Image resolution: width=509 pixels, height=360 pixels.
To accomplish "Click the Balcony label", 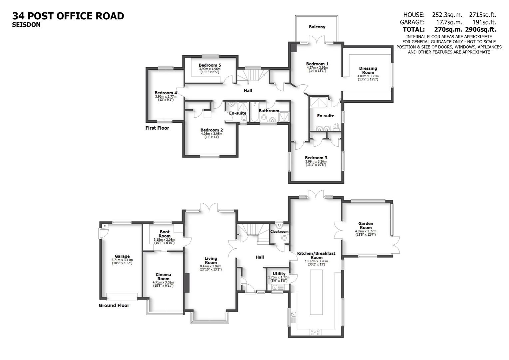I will point(317,27).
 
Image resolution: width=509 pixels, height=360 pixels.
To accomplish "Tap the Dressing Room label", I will point(368,70).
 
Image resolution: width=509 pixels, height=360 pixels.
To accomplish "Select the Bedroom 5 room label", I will point(210,65).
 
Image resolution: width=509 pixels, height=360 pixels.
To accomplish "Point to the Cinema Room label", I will point(163,277).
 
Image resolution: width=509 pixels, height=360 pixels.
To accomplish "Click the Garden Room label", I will point(366,226).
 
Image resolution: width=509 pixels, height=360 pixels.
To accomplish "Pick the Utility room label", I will point(279,274).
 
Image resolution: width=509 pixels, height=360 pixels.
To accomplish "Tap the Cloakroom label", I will point(279,232).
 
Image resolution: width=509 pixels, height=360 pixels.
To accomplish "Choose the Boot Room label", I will point(165,234).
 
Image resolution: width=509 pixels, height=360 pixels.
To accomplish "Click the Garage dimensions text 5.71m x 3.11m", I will point(122,260).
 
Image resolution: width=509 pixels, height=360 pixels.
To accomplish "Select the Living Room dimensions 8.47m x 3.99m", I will point(211,266).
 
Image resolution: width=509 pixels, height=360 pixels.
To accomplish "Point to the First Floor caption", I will point(157,128).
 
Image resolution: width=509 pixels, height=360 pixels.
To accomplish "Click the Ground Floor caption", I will point(114,305).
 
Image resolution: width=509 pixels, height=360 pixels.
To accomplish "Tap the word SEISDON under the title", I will point(26,24).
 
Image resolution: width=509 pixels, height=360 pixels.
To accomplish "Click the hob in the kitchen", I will point(315,332).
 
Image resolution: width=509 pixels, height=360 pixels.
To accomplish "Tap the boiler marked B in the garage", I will point(105,226).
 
